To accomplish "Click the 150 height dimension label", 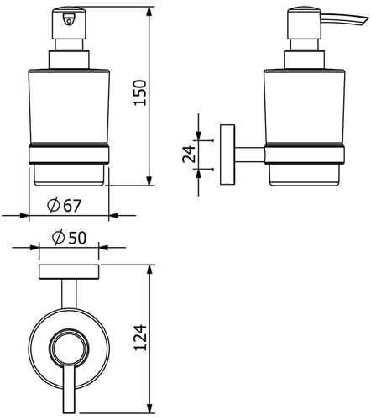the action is coord(140,92).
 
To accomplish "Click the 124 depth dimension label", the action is coord(140,338).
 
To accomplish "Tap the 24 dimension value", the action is coord(189,155).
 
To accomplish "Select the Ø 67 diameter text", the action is coord(64,205).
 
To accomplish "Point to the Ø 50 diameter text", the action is coord(69,238).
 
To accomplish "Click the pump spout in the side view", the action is coord(344,20).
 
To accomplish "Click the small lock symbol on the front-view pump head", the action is coord(69,20).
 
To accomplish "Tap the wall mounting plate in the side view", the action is coord(227,155).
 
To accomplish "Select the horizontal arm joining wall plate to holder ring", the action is coord(250,155).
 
